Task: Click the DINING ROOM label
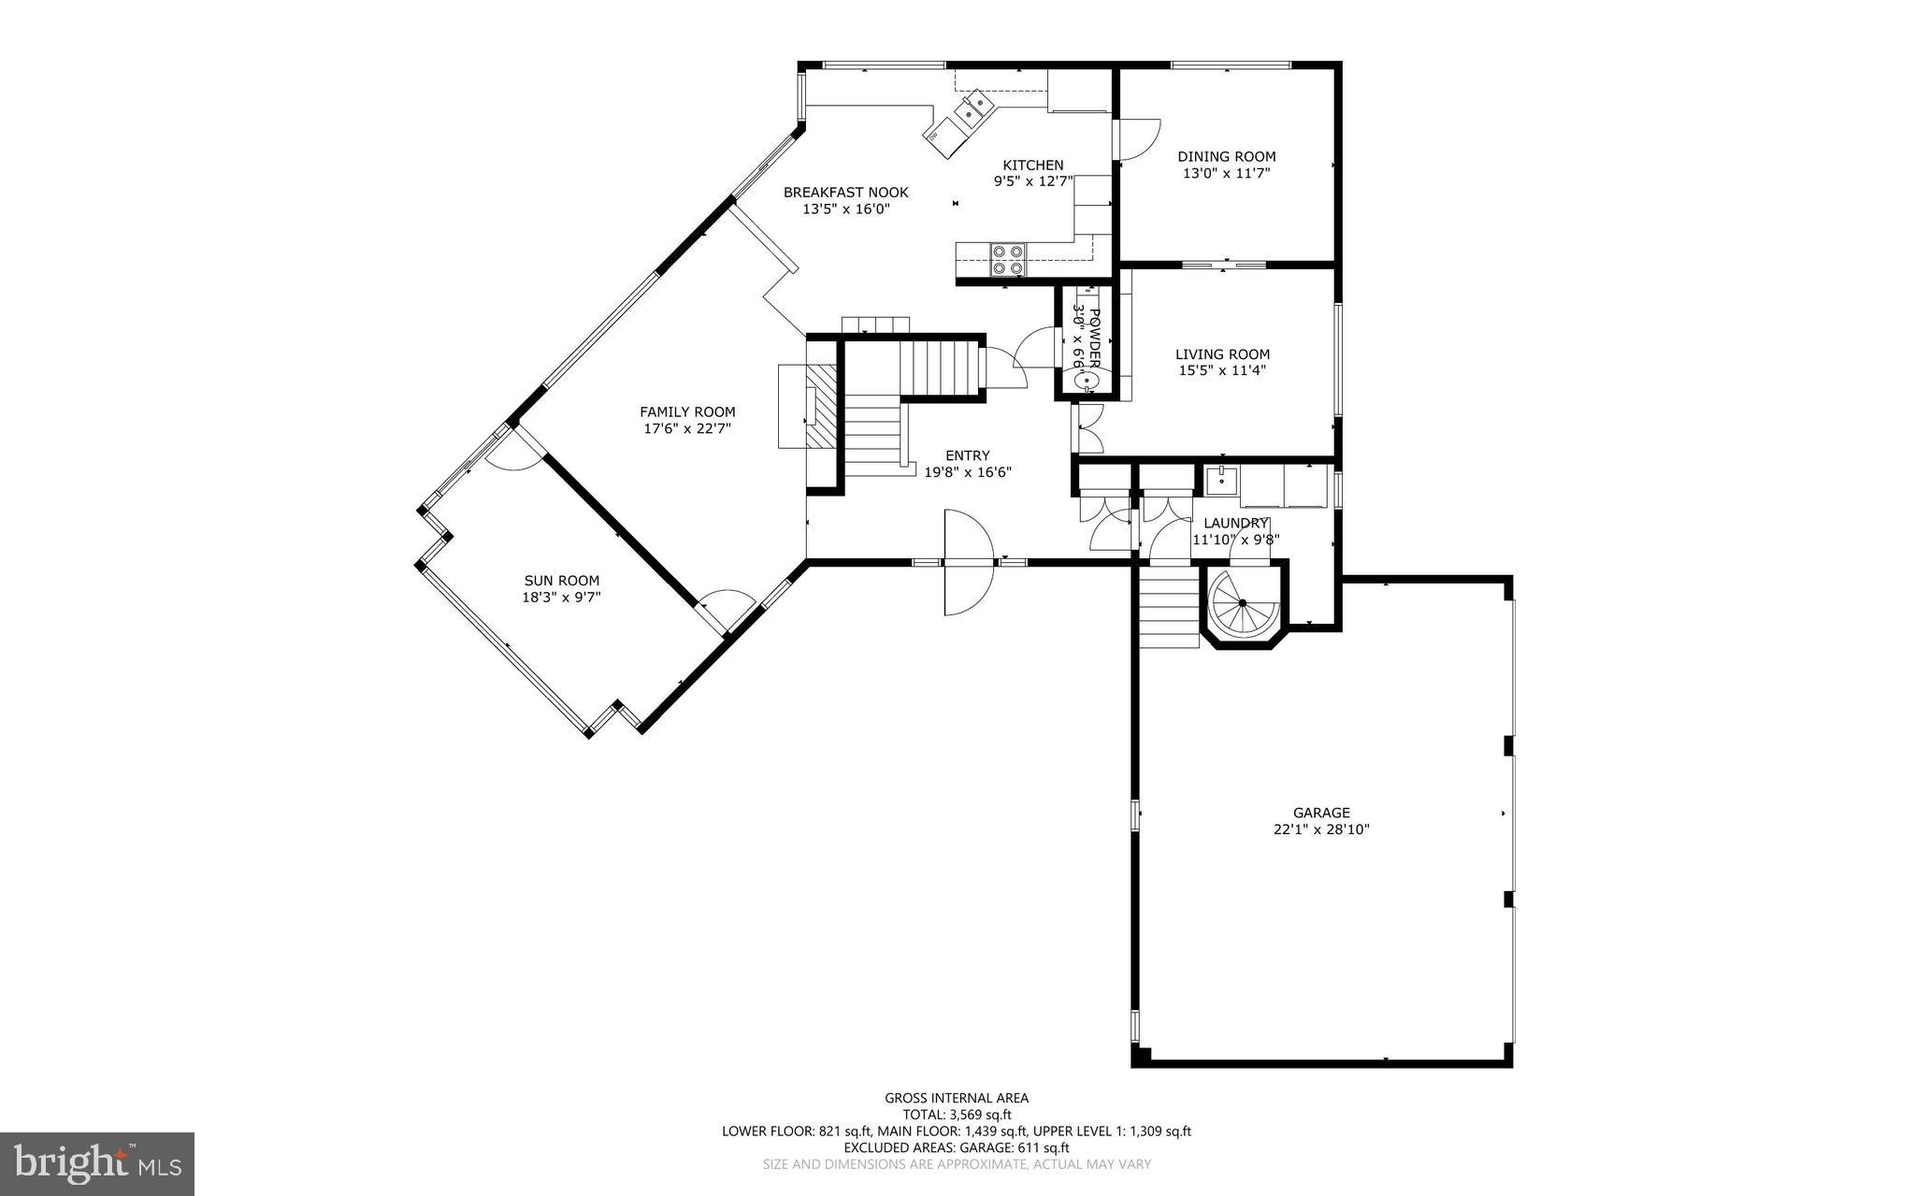(x=1226, y=157)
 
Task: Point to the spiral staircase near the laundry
(x=1243, y=605)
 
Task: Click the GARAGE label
(x=1321, y=813)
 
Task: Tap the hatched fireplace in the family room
(x=822, y=408)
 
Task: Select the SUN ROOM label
(x=561, y=581)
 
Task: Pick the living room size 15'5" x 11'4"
(x=1222, y=370)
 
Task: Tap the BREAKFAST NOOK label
(x=845, y=193)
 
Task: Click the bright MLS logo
(x=97, y=1163)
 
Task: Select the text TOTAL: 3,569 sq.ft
(x=957, y=1115)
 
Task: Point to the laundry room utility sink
(x=1220, y=482)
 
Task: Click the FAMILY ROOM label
(x=687, y=411)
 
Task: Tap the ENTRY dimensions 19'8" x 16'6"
(x=968, y=472)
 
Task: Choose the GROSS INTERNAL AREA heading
(x=957, y=1098)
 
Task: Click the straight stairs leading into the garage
(x=1169, y=607)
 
